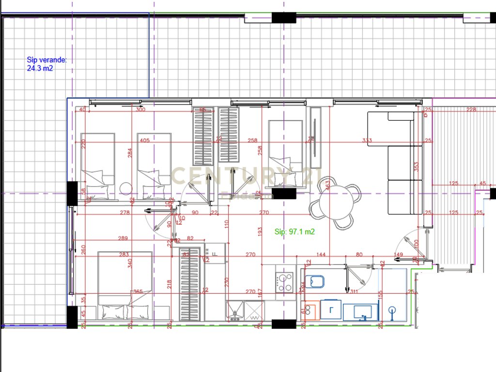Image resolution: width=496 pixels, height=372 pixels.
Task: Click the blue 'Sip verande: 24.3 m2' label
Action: click(x=46, y=64)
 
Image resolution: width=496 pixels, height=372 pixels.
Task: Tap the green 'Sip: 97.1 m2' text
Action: click(x=294, y=232)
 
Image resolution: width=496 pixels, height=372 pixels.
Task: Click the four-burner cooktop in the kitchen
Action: click(x=284, y=282)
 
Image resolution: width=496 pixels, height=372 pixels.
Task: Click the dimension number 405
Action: click(x=144, y=141)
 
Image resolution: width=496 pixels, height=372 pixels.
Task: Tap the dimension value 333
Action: click(x=367, y=141)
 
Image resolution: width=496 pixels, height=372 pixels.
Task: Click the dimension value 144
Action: click(x=320, y=254)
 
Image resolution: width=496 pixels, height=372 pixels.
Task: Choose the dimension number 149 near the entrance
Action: click(x=398, y=254)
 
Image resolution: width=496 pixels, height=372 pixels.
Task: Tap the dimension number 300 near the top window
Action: click(x=140, y=110)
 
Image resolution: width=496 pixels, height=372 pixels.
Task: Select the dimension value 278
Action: click(x=125, y=213)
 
